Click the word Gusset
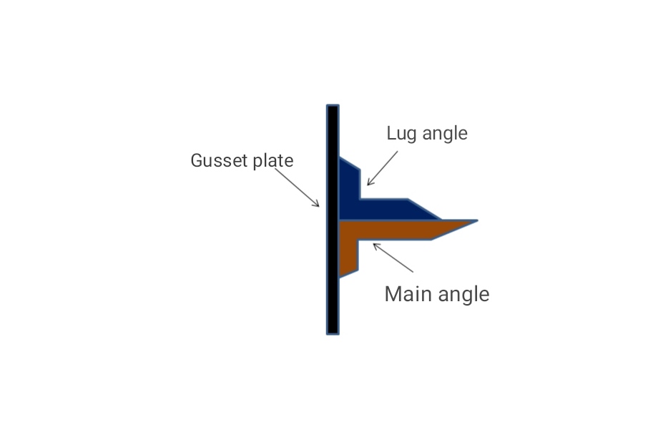tap(215, 161)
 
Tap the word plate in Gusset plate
tap(273, 161)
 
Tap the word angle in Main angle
tap(465, 295)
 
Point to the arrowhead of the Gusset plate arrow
tap(318, 205)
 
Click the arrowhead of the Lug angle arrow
tap(368, 184)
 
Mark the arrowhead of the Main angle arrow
tap(374, 245)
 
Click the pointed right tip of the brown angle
tap(475, 221)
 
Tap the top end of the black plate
tap(333, 107)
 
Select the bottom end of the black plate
tap(333, 331)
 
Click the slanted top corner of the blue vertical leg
tap(350, 164)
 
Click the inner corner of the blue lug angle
tap(360, 199)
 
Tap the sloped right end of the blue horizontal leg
tap(425, 209)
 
